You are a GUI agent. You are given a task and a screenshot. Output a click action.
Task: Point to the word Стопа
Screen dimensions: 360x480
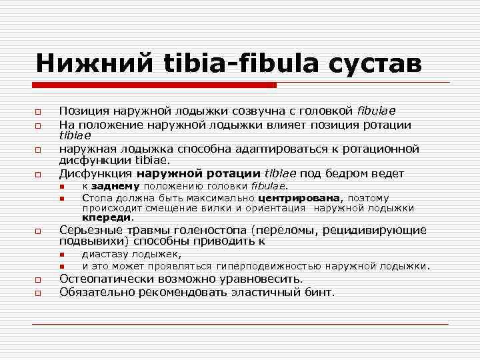(96, 198)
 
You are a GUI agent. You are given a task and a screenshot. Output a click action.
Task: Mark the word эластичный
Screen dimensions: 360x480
(265, 291)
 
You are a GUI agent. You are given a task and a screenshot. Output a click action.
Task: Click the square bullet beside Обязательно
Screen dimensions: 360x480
(39, 292)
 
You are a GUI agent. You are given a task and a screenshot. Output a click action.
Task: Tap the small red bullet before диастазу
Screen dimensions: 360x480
(61, 255)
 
